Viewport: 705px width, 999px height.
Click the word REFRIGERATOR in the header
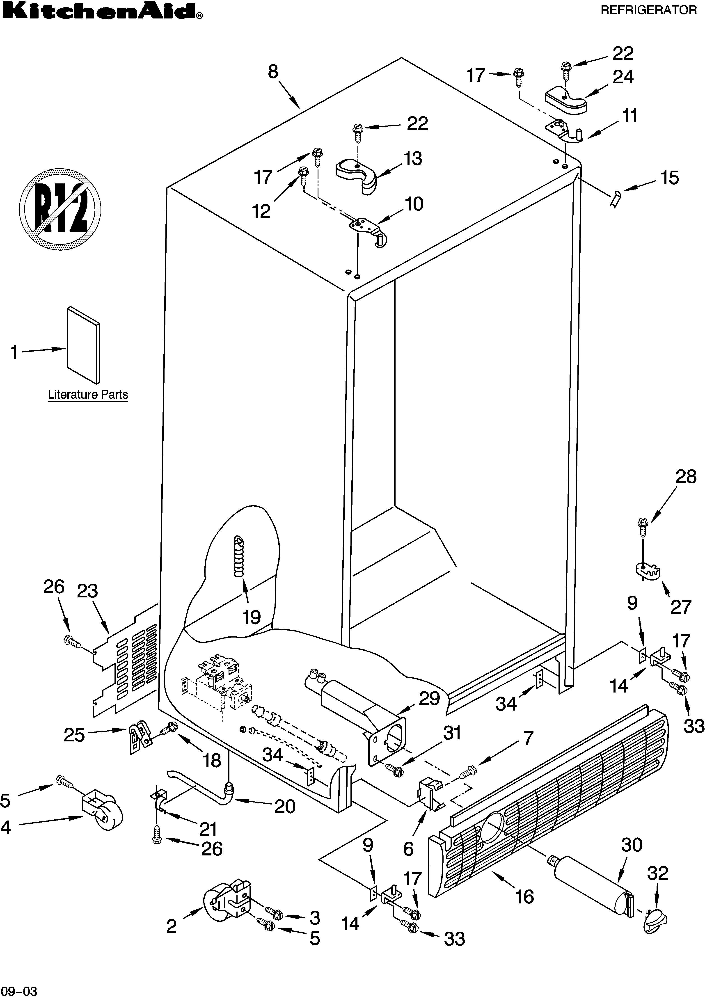(648, 10)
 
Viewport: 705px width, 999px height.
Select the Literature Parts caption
(88, 395)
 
